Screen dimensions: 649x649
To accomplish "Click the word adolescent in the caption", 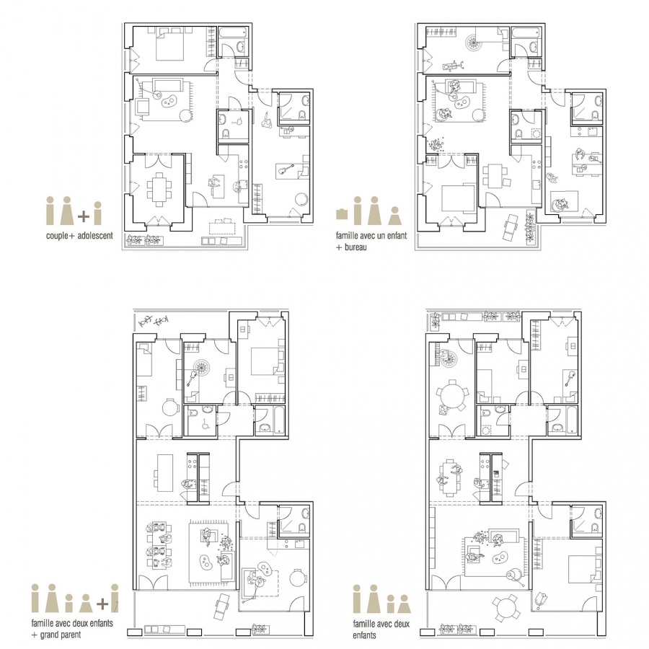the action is click(x=94, y=236).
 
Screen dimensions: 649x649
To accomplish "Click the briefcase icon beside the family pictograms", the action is click(x=342, y=213).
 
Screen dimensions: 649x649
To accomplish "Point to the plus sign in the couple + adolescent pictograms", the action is click(x=84, y=216).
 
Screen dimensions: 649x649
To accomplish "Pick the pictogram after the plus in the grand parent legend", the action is click(x=114, y=598).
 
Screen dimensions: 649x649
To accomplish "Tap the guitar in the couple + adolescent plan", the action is click(x=285, y=169).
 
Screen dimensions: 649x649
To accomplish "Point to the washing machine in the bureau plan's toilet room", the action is click(x=536, y=135).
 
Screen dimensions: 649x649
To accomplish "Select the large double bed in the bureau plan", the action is click(x=458, y=198).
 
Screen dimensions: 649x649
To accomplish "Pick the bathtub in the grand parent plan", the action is click(x=279, y=420).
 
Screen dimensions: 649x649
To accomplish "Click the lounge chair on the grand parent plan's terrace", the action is click(x=224, y=606).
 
